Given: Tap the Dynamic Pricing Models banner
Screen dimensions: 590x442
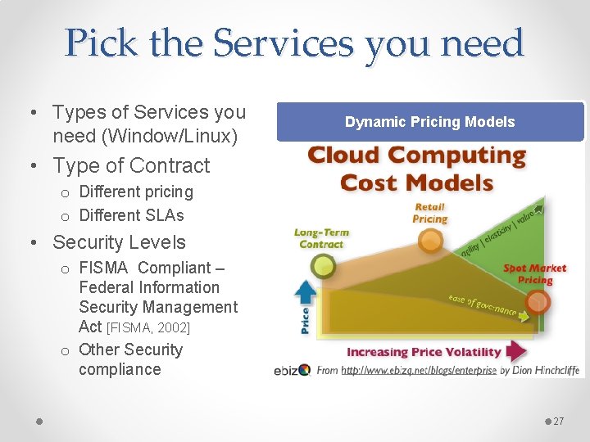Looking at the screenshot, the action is coord(430,122).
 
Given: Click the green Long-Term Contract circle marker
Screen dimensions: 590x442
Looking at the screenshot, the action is coord(324,265).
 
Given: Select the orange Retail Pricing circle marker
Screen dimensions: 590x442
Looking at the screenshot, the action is coord(429,241).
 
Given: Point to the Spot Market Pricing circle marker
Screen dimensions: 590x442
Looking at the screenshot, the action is coord(538,303).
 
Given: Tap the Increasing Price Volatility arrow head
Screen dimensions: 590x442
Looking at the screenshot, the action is coord(516,352).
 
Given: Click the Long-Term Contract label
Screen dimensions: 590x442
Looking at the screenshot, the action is coord(320,238).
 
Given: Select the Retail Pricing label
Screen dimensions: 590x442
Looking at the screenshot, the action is coord(429,214).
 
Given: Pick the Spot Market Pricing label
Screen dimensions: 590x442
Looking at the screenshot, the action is coord(534,274).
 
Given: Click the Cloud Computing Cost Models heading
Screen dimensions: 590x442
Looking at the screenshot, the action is coord(416,168).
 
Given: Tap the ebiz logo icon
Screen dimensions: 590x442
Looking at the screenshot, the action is coord(304,370).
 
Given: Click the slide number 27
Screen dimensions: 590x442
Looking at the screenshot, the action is coord(559,421).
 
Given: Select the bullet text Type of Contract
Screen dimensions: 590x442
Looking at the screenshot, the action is coord(131,165).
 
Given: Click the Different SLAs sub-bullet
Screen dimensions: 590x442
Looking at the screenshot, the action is coord(131,215).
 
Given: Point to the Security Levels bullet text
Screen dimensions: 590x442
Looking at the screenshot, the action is coord(119,242).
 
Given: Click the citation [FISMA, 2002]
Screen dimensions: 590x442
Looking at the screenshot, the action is coord(148,327).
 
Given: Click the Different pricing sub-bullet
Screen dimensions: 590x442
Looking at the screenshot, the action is coord(136,192).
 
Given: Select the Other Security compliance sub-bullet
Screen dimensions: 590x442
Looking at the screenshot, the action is coord(130,359).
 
